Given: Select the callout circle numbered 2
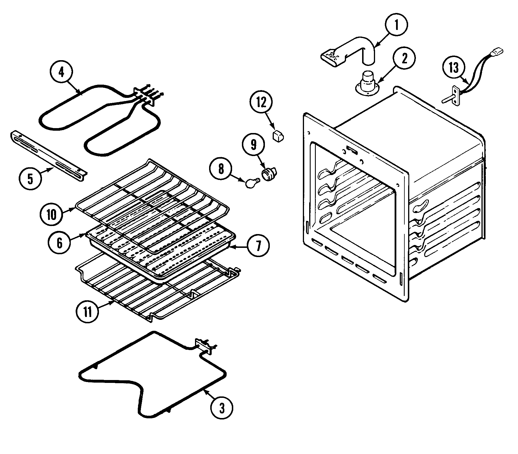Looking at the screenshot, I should [404, 59].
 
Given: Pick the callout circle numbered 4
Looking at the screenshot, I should [61, 73].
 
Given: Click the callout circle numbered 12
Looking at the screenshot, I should [261, 103].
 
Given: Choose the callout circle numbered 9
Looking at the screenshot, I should [253, 145].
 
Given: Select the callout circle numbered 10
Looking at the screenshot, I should [52, 215].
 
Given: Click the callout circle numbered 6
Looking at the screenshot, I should [59, 243].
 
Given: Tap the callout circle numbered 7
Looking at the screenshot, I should [258, 245].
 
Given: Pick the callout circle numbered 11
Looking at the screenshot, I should [88, 312].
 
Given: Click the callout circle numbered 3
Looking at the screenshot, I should [221, 409].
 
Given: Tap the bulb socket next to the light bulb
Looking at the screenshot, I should [269, 174].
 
